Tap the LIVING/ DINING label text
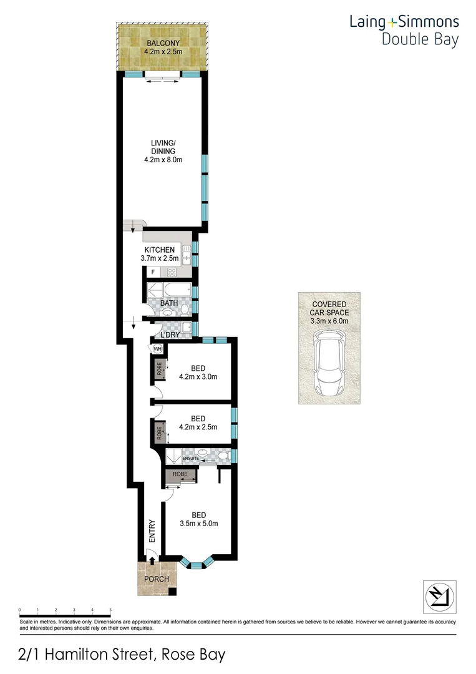(163, 150)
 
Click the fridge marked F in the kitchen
(153, 272)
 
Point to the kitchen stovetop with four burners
(172, 272)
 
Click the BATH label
(168, 303)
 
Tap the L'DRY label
(170, 335)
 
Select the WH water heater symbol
(157, 349)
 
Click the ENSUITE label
(191, 459)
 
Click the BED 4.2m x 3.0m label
(198, 372)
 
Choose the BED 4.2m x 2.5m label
(198, 422)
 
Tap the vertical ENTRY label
(152, 530)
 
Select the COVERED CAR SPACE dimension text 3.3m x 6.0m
(329, 321)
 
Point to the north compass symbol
(439, 596)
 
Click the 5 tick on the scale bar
(110, 610)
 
